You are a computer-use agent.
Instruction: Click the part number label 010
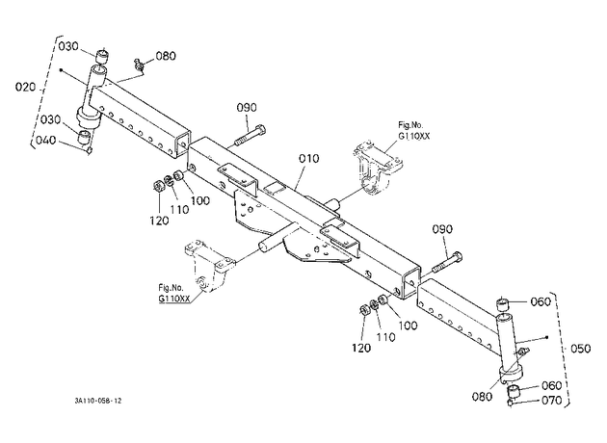[x=309, y=159]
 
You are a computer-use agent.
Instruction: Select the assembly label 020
[x=26, y=87]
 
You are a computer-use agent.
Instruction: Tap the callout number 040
[x=45, y=140]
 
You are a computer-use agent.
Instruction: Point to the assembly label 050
[x=581, y=349]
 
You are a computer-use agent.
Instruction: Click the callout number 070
[x=551, y=400]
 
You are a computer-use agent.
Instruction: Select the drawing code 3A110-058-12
[x=98, y=401]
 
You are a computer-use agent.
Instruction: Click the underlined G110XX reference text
[x=173, y=299]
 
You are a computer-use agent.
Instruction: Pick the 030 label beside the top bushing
[x=68, y=46]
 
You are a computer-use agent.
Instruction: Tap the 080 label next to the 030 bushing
[x=166, y=56]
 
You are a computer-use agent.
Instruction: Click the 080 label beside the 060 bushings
[x=482, y=397]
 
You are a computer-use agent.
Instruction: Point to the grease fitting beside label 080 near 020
[x=139, y=65]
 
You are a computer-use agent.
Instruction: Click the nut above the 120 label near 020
[x=158, y=187]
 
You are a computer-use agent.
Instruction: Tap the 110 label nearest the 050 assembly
[x=385, y=337]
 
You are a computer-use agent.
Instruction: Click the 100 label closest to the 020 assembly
[x=200, y=200]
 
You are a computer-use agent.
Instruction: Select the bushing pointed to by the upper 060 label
[x=503, y=304]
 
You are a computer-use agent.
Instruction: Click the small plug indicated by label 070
[x=510, y=404]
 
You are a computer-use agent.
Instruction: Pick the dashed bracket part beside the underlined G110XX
[x=208, y=266]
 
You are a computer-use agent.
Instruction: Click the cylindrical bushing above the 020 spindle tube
[x=102, y=57]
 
